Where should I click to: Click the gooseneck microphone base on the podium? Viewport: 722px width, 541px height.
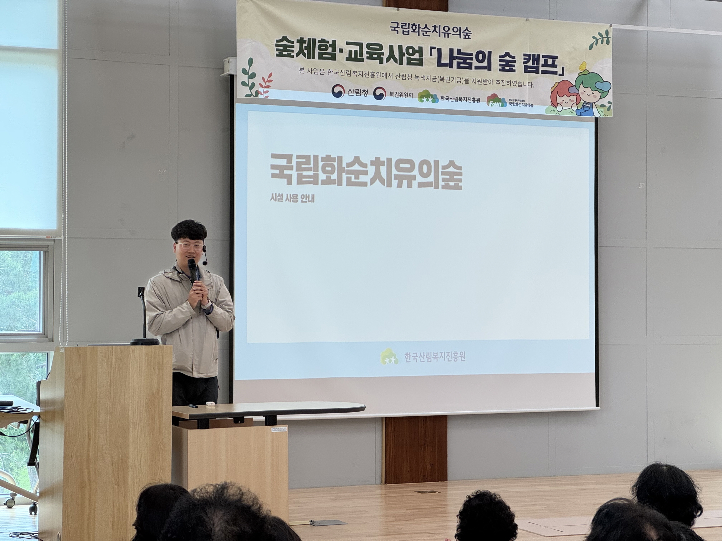pos(145,341)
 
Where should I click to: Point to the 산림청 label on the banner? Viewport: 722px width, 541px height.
pos(358,93)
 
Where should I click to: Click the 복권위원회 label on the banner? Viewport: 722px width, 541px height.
pos(401,95)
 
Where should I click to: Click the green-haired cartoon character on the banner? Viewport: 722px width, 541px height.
pos(591,92)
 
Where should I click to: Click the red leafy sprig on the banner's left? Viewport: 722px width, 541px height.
pos(264,85)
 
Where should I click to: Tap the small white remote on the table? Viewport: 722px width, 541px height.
pos(209,404)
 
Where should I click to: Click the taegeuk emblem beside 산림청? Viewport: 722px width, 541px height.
pos(338,92)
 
